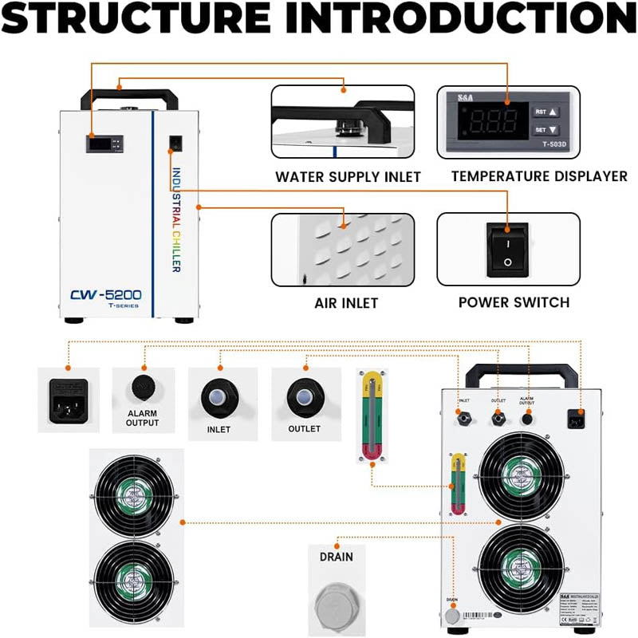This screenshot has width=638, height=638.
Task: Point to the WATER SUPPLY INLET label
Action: click(348, 176)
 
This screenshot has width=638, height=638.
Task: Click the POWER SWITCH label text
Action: click(514, 302)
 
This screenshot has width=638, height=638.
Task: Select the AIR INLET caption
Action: click(346, 303)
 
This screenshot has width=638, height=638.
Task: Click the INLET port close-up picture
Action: click(219, 396)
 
